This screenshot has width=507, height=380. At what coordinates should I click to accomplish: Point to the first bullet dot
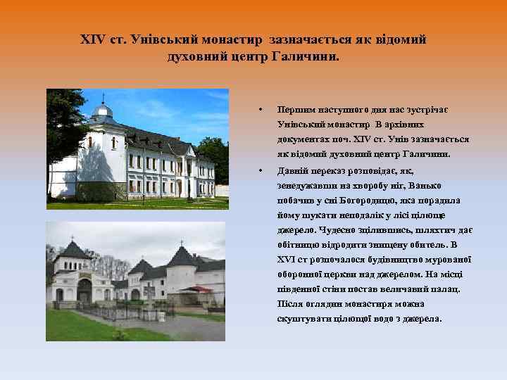point(261,110)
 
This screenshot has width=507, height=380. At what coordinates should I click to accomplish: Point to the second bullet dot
point(261,169)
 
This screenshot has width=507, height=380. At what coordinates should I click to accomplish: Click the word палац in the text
point(445,289)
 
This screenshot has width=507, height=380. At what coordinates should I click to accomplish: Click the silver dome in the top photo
point(104,111)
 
